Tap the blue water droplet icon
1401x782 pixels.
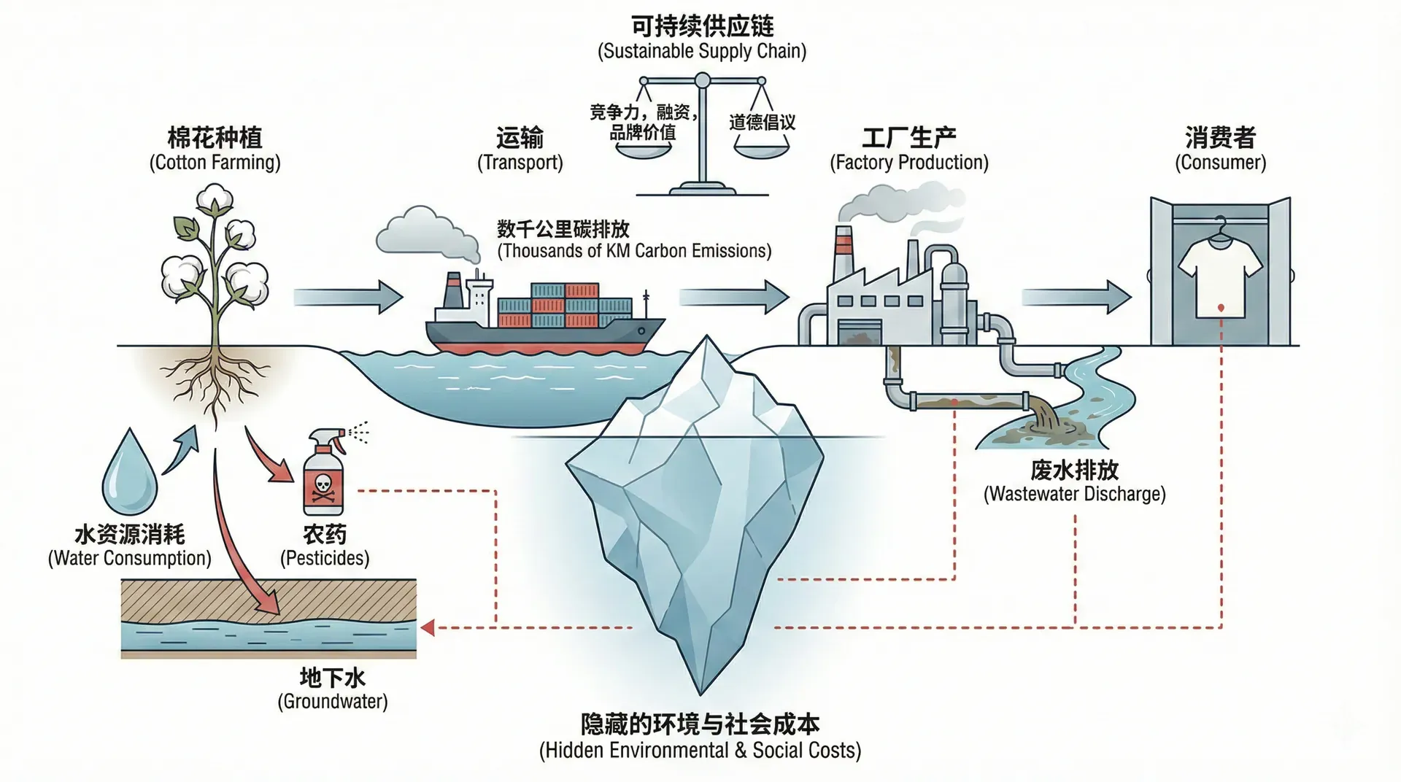coord(129,474)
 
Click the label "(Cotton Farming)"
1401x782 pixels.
coord(215,162)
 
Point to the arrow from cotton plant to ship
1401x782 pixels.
coord(348,297)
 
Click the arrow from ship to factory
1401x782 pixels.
coord(734,297)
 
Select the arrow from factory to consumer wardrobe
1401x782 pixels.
coord(1076,297)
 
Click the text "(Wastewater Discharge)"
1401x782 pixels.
coord(1074,494)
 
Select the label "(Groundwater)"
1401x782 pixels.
coord(332,702)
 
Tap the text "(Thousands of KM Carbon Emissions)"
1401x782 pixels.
coord(634,251)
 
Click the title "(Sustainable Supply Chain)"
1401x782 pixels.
coord(702,51)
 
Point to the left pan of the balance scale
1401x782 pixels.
coord(643,149)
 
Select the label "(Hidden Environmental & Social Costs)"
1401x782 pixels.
coord(700,751)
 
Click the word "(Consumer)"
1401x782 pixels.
coord(1220,162)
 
